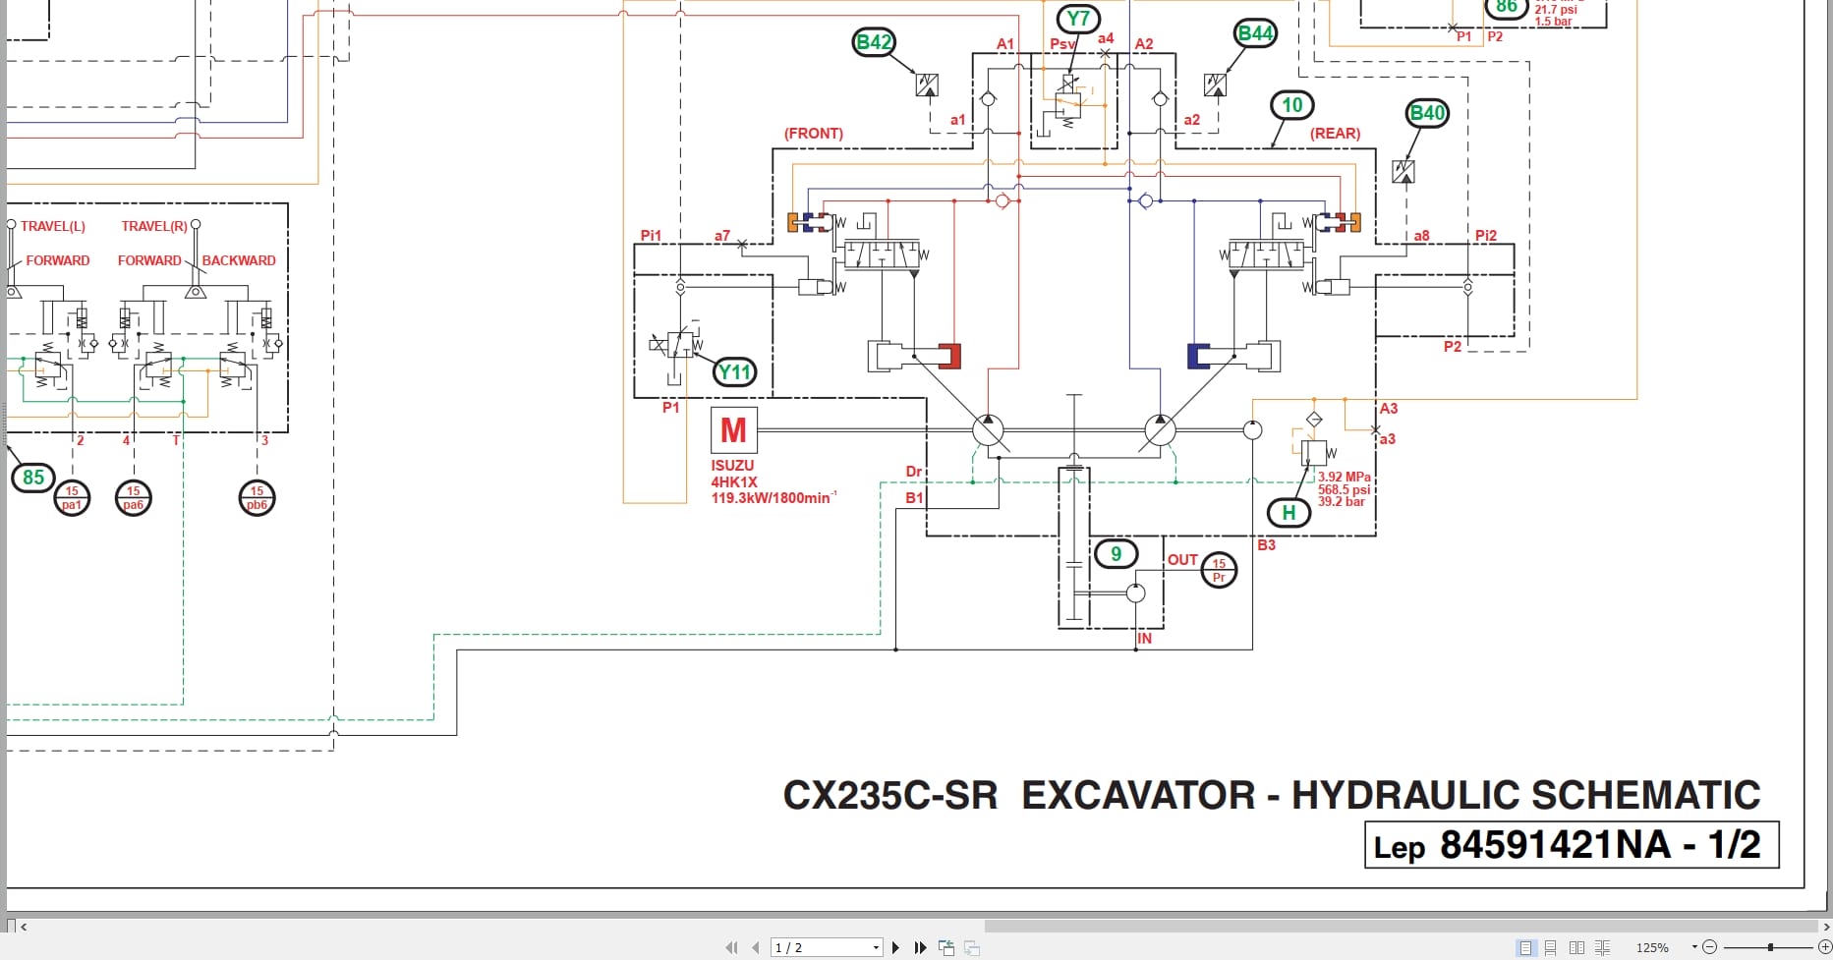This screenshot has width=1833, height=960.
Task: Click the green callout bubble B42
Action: point(874,42)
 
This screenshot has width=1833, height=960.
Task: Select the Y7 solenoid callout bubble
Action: point(1078,19)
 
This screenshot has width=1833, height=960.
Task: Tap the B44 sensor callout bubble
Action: point(1255,33)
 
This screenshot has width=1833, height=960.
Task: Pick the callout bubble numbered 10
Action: point(1291,105)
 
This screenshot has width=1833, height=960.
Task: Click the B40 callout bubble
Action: point(1427,113)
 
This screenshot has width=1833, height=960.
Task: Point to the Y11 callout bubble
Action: point(734,372)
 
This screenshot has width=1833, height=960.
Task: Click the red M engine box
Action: point(733,430)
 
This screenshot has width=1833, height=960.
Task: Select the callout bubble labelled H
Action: point(1289,512)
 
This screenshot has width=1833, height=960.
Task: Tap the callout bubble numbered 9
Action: point(1116,554)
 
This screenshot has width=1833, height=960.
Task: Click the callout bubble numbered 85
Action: point(33,478)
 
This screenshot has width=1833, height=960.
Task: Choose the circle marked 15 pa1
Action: point(72,498)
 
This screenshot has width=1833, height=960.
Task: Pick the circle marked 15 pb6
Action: point(257,498)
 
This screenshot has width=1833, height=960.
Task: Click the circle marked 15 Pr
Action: point(1219,570)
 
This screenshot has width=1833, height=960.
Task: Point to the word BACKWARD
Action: point(239,260)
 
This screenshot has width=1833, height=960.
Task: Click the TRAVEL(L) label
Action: point(53,226)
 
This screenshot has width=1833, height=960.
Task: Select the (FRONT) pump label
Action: point(813,134)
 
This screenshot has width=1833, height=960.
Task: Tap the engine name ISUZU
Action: point(732,466)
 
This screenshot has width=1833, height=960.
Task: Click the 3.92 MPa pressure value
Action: point(1344,477)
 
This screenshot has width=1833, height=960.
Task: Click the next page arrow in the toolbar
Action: point(895,947)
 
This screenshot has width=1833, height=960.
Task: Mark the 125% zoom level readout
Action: point(1652,947)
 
